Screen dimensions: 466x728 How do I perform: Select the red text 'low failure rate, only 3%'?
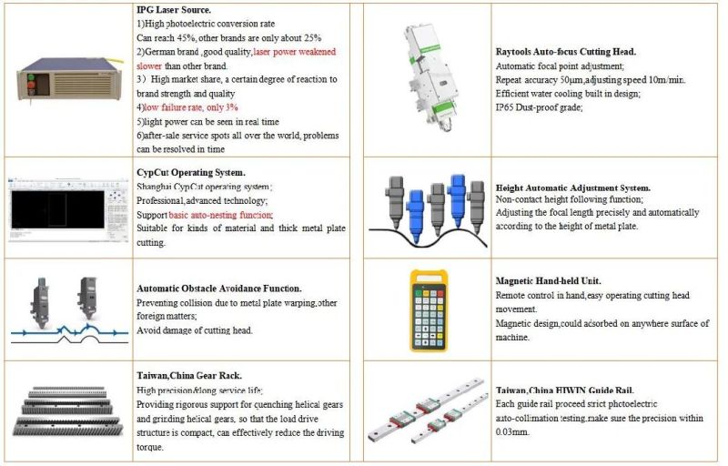pos(182,107)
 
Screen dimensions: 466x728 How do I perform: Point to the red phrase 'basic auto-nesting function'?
pos(219,214)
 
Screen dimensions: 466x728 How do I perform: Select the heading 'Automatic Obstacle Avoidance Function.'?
pos(218,288)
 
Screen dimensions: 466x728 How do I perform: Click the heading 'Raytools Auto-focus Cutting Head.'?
pos(565,53)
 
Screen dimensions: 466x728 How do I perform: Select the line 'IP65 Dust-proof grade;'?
pos(539,107)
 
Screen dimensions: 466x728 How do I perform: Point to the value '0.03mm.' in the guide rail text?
pos(512,432)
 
